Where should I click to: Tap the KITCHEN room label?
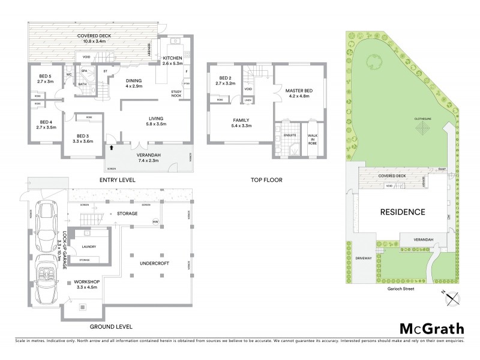(172, 58)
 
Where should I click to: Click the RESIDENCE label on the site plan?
(402, 212)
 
